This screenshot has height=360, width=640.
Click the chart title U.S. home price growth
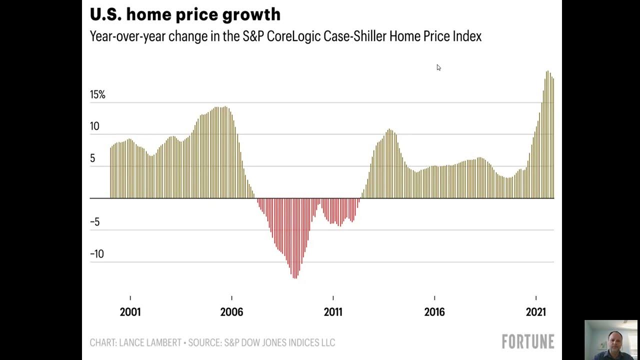tap(185, 15)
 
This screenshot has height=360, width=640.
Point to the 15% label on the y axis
tap(97, 94)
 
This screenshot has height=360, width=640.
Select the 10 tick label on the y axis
tap(94, 126)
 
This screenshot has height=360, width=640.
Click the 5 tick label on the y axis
tap(92, 158)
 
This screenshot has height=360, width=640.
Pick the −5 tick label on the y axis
tap(94, 222)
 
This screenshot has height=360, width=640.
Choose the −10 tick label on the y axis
tap(96, 254)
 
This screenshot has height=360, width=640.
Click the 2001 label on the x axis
tap(130, 312)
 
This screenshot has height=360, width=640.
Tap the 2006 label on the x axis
tap(231, 312)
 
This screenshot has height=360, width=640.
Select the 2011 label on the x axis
tap(333, 312)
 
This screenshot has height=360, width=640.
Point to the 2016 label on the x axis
tap(434, 312)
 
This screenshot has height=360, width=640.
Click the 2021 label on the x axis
tap(536, 312)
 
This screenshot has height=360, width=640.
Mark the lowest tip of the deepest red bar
tap(295, 278)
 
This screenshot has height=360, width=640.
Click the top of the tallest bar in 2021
tap(547, 71)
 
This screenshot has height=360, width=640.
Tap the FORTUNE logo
tap(528, 342)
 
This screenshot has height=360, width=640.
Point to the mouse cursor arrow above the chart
tap(438, 67)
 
